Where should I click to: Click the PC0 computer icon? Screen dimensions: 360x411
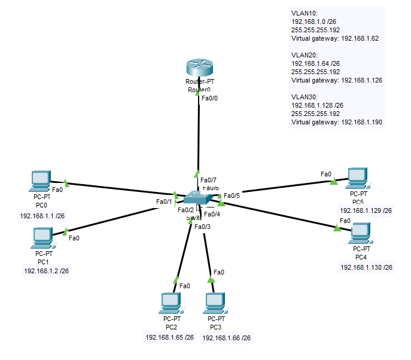[41, 179]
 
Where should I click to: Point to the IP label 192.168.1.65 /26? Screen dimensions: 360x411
[169, 338]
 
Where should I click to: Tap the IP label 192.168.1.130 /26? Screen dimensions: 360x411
[366, 267]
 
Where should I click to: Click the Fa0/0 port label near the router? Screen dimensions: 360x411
[211, 98]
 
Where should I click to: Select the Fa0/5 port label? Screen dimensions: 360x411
[232, 195]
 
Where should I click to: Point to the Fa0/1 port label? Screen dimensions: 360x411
[164, 202]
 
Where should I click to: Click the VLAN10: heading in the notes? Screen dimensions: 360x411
[305, 13]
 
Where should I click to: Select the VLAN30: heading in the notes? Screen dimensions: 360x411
[305, 96]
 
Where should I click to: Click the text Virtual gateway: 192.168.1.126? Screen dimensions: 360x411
[336, 80]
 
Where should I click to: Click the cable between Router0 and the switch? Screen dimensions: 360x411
[199, 138]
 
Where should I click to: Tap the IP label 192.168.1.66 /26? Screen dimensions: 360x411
[226, 338]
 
